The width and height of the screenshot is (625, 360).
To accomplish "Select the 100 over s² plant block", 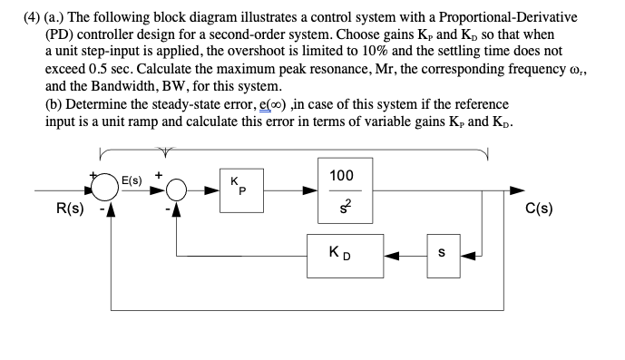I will tap(342, 191).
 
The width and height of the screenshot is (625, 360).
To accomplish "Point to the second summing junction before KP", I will tap(175, 191).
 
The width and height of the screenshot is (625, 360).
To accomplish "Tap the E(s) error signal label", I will tap(134, 179).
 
